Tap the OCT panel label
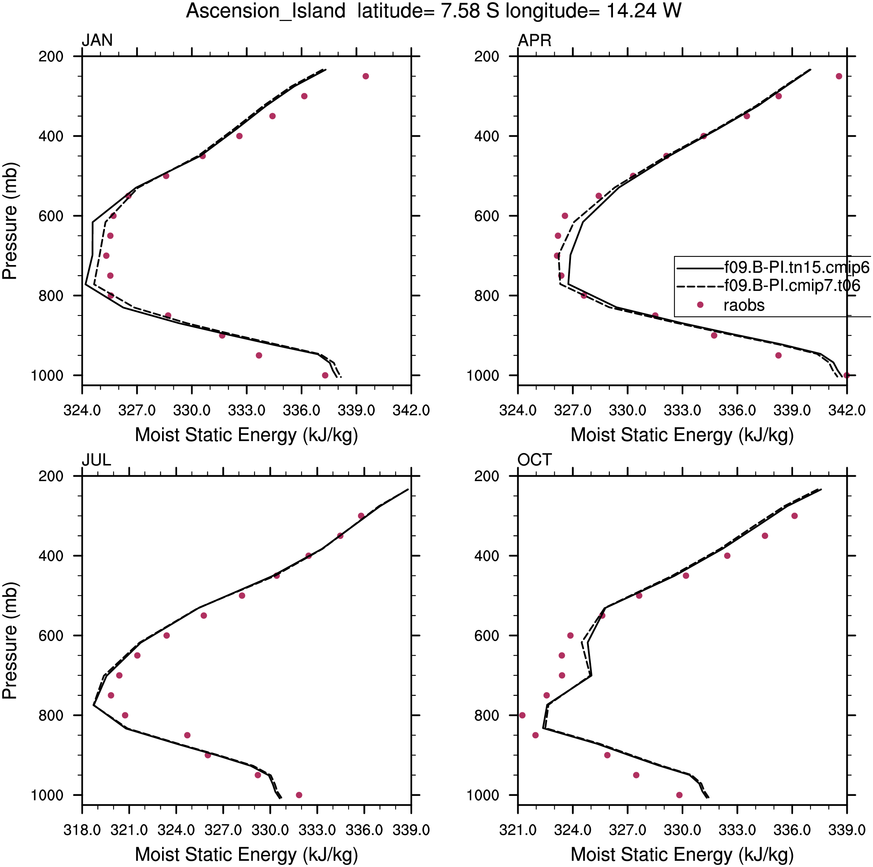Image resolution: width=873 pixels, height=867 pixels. pos(534,460)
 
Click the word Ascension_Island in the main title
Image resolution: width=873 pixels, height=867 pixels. pos(266,11)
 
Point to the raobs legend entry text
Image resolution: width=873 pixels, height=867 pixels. pos(744,305)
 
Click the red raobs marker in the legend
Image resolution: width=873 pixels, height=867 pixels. pos(700,305)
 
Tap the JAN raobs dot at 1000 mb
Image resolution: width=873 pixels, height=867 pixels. pos(325,375)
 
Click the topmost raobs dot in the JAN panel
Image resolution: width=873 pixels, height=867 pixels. pos(365,76)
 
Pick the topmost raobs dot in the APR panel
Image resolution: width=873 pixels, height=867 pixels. pos(839,76)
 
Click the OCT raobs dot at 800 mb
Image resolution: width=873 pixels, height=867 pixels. pos(522,715)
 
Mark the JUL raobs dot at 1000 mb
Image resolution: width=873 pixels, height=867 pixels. pos(299,795)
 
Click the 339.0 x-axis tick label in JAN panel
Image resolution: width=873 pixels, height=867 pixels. pos(356,411)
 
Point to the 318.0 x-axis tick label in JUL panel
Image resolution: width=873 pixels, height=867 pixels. pos(82,830)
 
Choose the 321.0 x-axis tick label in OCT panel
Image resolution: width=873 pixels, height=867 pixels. pos(518,830)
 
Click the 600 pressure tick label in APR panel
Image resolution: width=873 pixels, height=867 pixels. pos(487,216)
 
